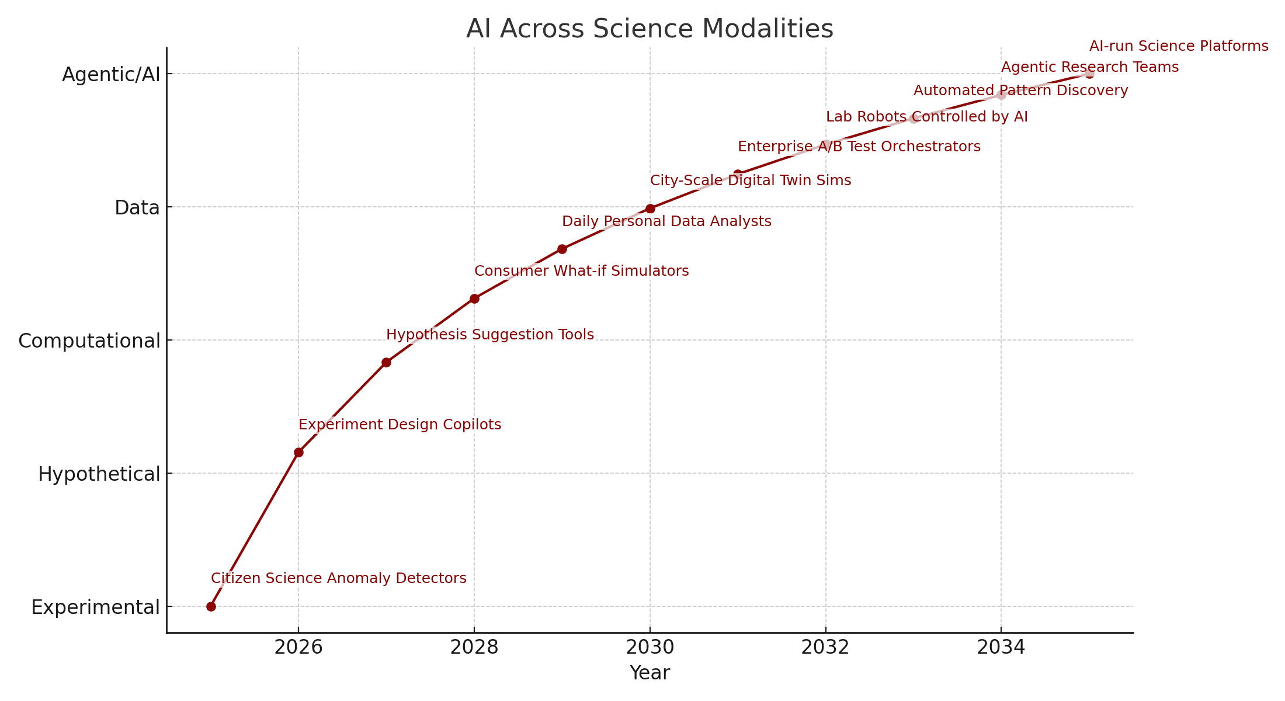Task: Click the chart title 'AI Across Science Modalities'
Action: pos(650,29)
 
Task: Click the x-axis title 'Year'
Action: pos(650,673)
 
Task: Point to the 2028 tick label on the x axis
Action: pos(474,647)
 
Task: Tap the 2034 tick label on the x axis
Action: pos(1001,647)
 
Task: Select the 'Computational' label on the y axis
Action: pos(89,341)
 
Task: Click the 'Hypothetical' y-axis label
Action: pos(99,474)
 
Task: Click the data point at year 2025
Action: pos(211,606)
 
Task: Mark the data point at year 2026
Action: pos(298,452)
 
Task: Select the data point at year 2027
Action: pos(386,362)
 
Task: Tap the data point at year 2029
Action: pos(562,249)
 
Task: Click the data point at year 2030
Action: pos(650,209)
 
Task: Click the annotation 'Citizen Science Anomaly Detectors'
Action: pos(339,578)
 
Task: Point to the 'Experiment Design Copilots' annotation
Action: pos(400,425)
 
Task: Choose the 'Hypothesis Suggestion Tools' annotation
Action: pos(490,335)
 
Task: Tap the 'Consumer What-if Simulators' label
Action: pos(582,271)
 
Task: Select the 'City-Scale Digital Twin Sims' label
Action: pos(751,181)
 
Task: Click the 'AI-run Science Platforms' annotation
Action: pos(1179,46)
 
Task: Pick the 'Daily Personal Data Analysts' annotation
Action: pos(666,221)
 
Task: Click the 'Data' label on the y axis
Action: pos(137,207)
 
